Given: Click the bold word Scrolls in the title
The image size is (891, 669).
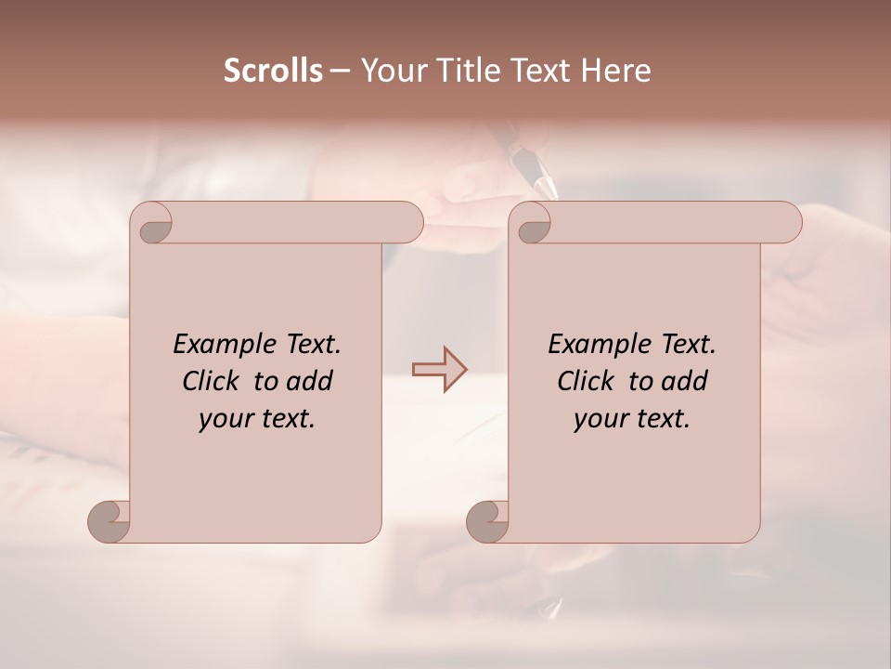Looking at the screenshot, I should coord(273,71).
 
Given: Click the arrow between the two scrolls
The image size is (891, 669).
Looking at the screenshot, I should coord(439,370).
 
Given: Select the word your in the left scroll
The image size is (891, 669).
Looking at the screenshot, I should coord(225,419).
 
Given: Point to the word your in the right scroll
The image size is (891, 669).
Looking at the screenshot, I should coord(600,419).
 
